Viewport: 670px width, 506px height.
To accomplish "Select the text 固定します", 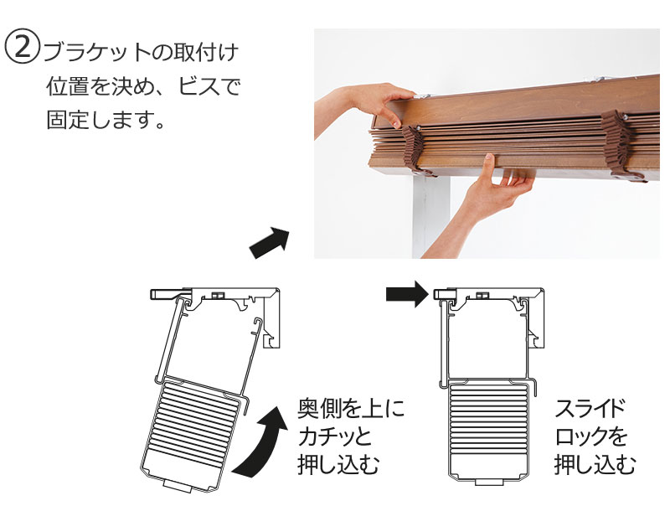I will pyautogui.click(x=102, y=119).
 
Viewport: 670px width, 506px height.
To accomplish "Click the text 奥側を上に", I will pyautogui.click(x=351, y=410).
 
